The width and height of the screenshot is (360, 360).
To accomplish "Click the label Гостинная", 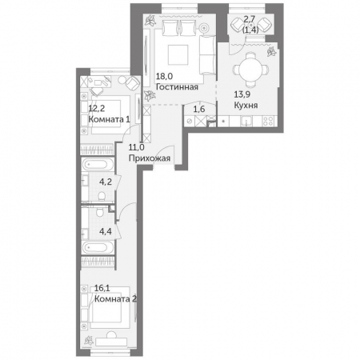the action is point(177,87).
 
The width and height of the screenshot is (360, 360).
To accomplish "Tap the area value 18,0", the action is point(164,77).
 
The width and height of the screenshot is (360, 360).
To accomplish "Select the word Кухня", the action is point(246,105).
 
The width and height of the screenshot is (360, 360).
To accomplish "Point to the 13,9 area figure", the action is point(242,94).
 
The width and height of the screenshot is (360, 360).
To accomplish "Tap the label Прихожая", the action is point(150,158).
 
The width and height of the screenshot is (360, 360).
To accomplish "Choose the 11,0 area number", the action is point(136,147).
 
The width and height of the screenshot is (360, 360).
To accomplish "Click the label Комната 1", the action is point(110,119).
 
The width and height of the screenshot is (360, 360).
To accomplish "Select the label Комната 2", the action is point(116,299).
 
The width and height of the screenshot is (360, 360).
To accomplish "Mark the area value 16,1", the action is point(102,288).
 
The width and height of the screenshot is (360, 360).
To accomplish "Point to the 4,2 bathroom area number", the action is point(106,182).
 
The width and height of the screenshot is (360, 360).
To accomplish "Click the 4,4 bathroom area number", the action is point(106,231).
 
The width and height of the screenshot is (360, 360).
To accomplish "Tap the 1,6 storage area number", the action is point(199,109).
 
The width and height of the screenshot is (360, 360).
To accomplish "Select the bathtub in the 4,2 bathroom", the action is point(98,164).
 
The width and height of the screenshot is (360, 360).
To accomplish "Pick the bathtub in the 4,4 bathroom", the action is point(98,247).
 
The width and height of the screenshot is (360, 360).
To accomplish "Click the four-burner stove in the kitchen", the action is point(268,121).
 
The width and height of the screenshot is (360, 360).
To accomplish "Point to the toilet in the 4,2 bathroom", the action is point(102,196).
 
